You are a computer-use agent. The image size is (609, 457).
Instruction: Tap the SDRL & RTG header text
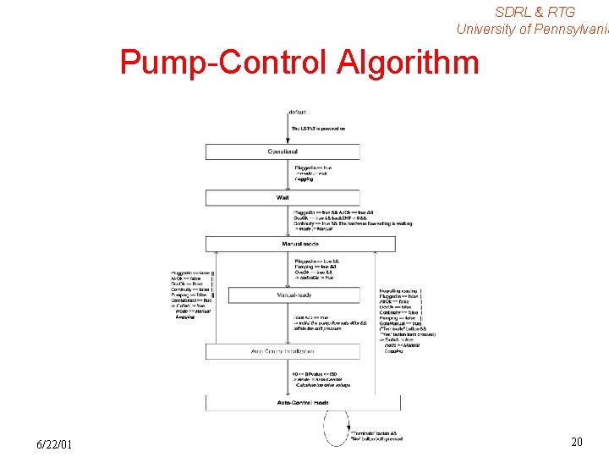click(x=535, y=12)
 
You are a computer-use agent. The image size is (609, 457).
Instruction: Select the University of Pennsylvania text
click(x=532, y=29)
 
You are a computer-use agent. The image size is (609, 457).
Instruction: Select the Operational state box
click(x=283, y=152)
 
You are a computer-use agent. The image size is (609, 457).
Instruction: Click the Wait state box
click(x=283, y=197)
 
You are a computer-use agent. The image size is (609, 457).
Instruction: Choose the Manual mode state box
click(x=300, y=244)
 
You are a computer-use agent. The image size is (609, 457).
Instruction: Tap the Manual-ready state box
click(x=294, y=295)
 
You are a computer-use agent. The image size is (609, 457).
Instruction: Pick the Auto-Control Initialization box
click(x=283, y=350)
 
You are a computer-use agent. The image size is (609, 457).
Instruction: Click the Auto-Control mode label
click(x=303, y=403)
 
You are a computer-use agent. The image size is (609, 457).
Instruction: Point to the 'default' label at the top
click(x=298, y=112)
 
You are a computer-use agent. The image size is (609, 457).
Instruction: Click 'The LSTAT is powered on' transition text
click(x=318, y=129)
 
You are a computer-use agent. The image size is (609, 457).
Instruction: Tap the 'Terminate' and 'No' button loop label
click(x=376, y=436)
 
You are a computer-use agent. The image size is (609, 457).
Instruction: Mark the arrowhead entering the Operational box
click(x=288, y=141)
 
